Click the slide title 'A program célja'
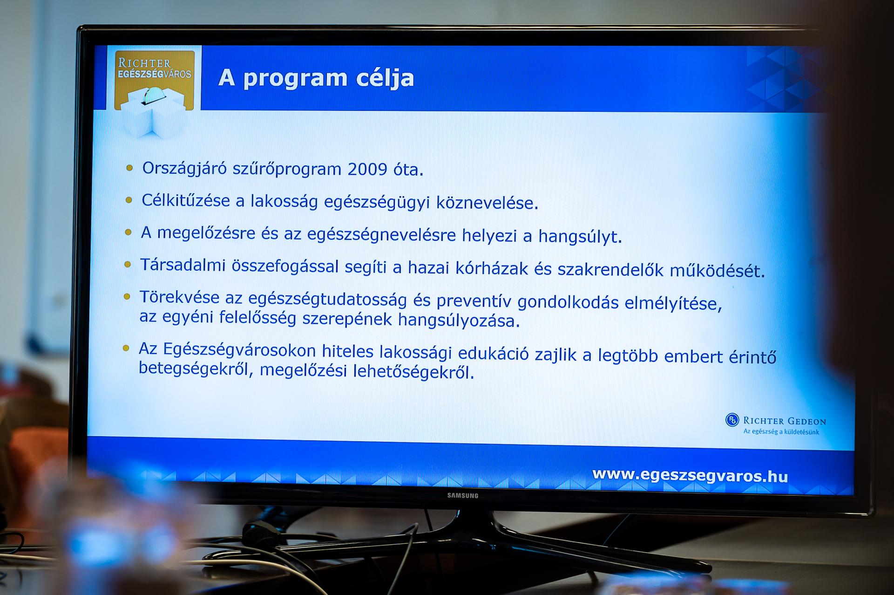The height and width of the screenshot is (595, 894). coord(316,78)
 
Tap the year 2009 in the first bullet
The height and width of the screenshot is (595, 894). coord(367,169)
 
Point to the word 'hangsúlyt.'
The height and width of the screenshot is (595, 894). coord(580,237)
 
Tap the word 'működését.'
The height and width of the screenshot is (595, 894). coord(718,271)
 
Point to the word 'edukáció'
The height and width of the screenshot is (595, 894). coord(494,354)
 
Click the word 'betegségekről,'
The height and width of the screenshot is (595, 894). coord(196,369)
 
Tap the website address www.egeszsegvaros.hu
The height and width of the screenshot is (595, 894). coord(690,475)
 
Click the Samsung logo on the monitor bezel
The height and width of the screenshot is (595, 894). coord(463,495)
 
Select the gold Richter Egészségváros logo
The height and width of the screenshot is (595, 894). coord(155,80)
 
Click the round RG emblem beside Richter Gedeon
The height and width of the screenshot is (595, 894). coord(732,420)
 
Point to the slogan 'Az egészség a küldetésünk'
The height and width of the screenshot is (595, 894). coord(781,431)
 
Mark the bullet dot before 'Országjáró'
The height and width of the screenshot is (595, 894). coord(129,168)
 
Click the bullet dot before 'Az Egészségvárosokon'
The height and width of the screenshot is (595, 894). coord(126,348)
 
